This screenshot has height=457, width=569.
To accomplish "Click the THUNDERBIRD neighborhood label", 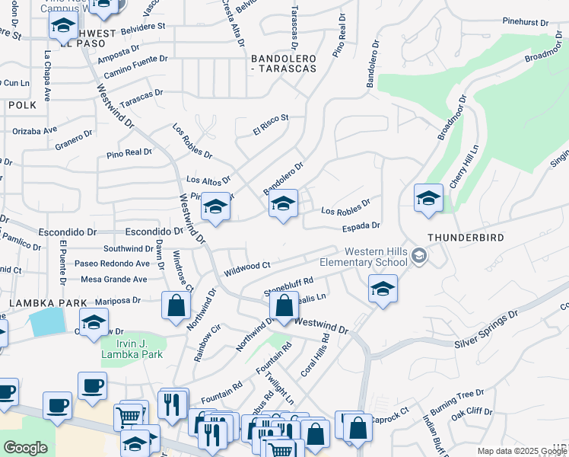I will tap(466, 238).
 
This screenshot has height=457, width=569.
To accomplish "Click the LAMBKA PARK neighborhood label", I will tap(38, 303).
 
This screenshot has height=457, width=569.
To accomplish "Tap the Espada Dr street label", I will tap(361, 225).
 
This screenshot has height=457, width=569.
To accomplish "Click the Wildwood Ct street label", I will tap(247, 269).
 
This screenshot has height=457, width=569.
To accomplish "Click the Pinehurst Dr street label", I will tap(526, 23).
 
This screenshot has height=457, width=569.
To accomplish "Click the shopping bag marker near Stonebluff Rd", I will tap(284, 307).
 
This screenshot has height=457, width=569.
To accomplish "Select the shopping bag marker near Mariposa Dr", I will tap(176, 306).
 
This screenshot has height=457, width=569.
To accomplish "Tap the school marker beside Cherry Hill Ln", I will tap(428, 197).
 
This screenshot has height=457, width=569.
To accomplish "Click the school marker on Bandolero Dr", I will tap(283, 203).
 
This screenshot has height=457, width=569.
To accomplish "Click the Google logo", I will tap(25, 448).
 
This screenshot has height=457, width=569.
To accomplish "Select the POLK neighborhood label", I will tap(22, 105).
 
